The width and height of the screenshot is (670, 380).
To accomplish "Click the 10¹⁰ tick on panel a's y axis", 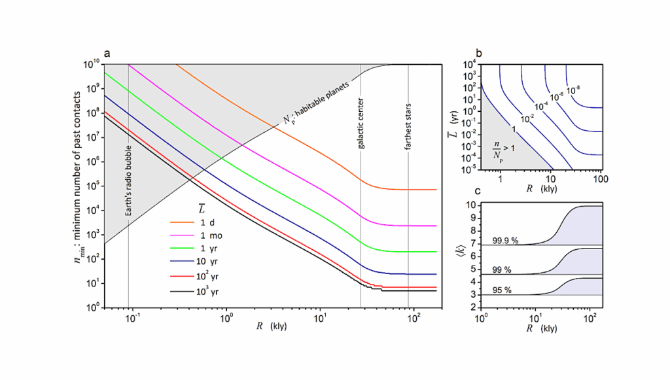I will pos(92,64).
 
